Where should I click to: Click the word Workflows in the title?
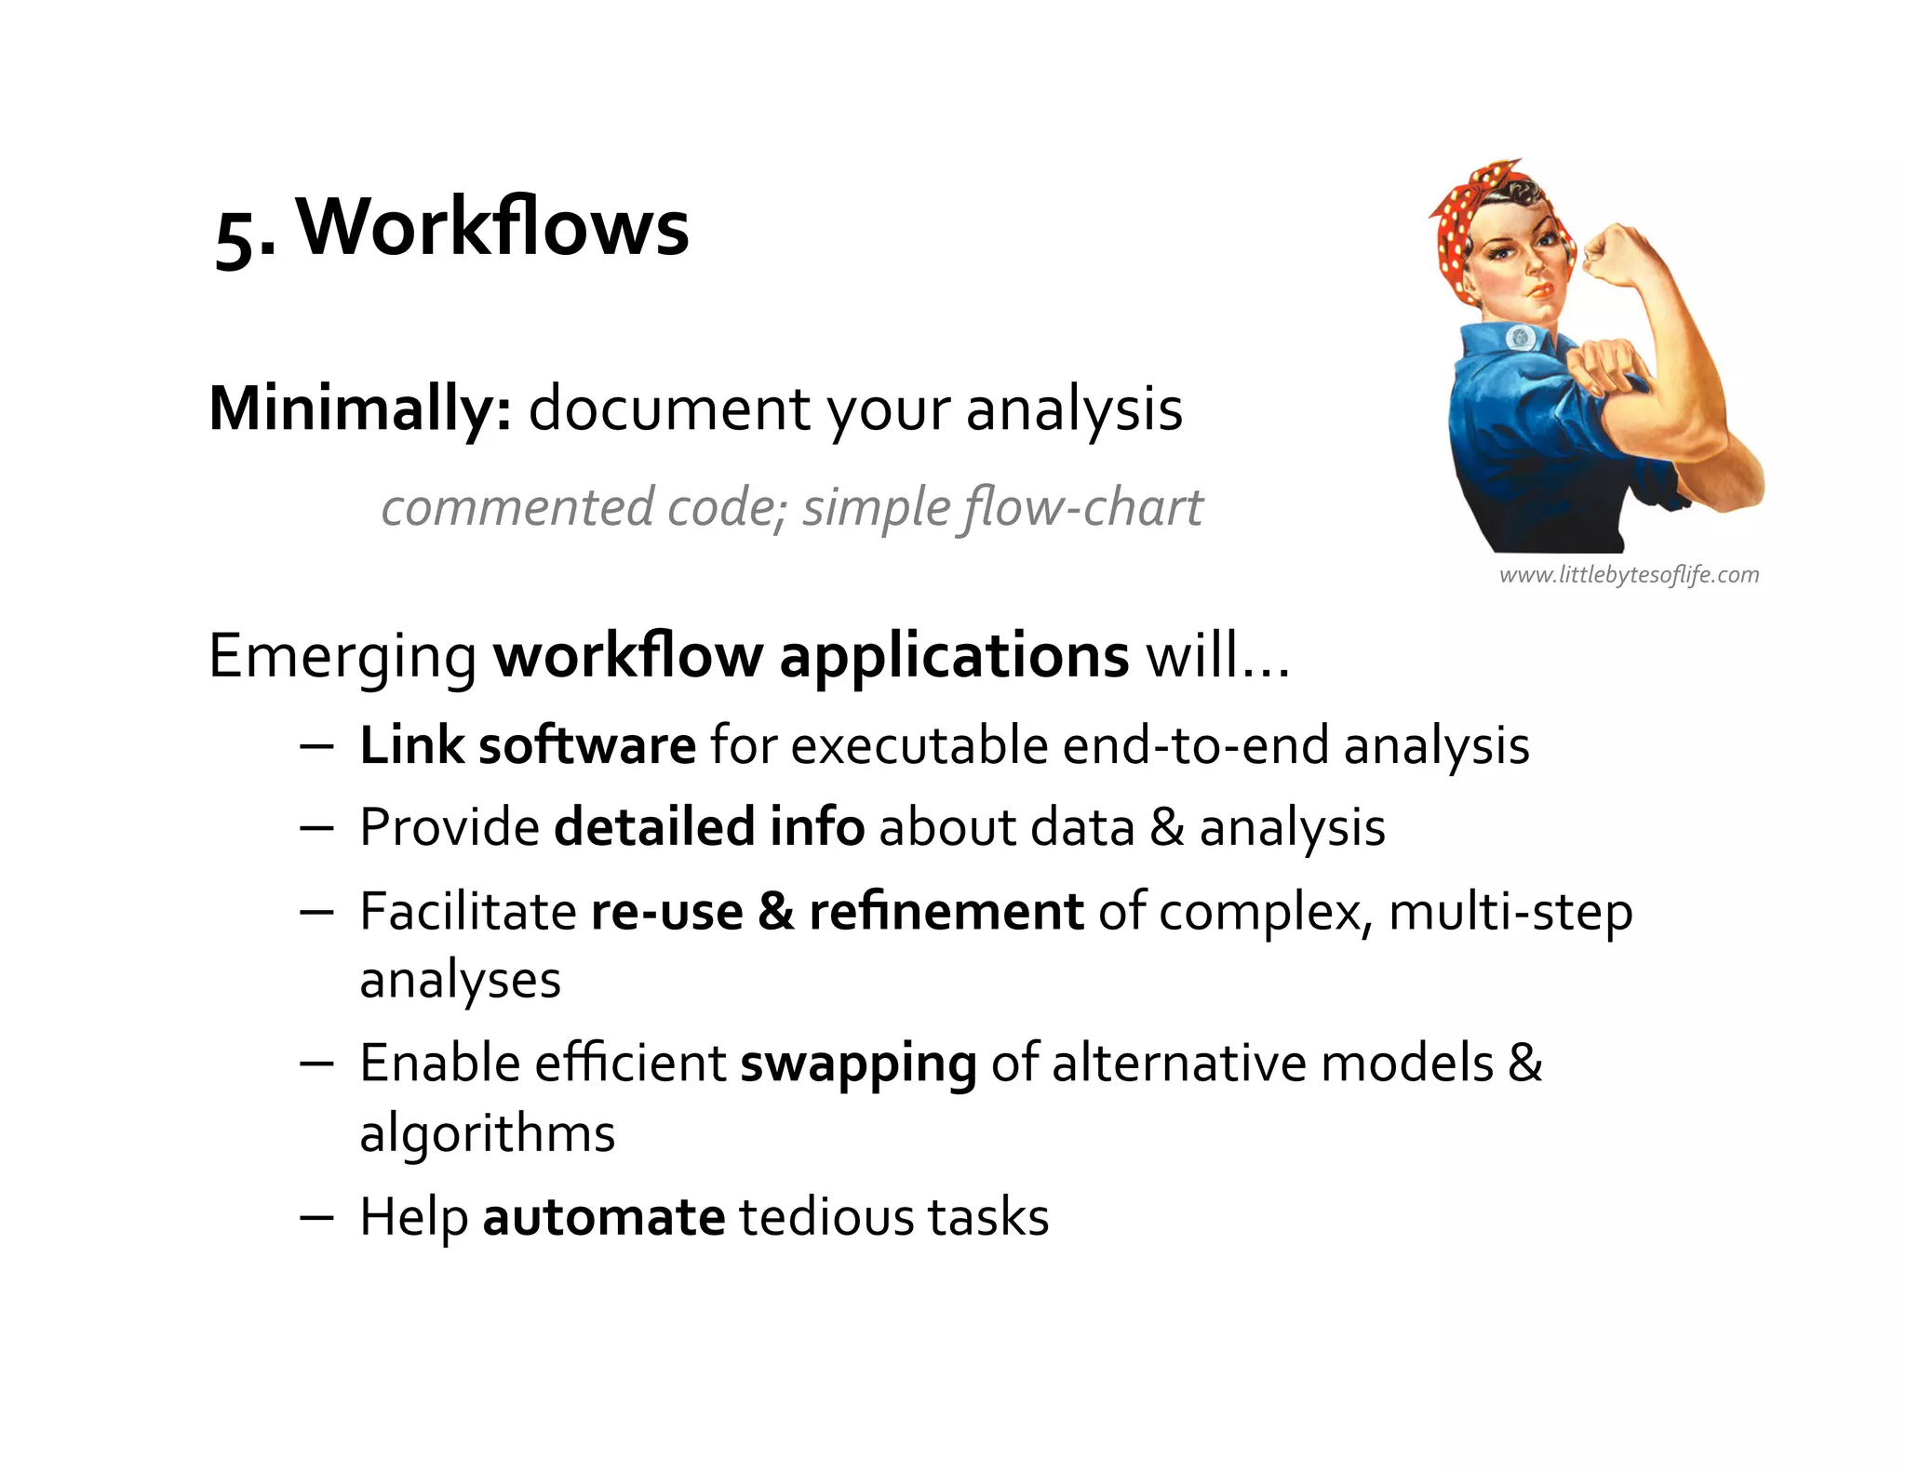[x=492, y=228]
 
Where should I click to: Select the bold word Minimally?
[x=360, y=408]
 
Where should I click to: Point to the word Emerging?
[x=342, y=657]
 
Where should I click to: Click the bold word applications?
[x=954, y=657]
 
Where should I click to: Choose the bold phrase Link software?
[x=527, y=745]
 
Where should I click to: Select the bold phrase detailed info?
[x=709, y=827]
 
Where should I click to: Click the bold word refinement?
[x=946, y=911]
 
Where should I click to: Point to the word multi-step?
[x=1510, y=911]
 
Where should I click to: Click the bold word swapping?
[x=858, y=1064]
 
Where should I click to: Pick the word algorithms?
[x=488, y=1133]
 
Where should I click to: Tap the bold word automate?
[x=603, y=1217]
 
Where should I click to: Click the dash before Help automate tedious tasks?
[x=316, y=1217]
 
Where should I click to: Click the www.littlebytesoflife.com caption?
[x=1629, y=575]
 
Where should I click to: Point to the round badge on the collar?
[x=1521, y=338]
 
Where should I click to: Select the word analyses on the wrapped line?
[x=460, y=981]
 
